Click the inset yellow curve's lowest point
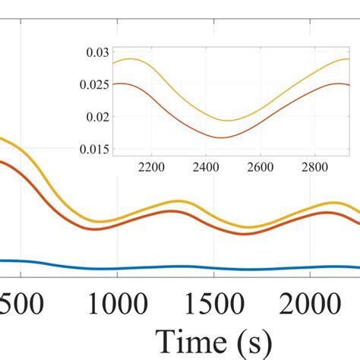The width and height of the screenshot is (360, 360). [x=228, y=121]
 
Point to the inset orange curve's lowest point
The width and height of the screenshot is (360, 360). [x=224, y=138]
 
